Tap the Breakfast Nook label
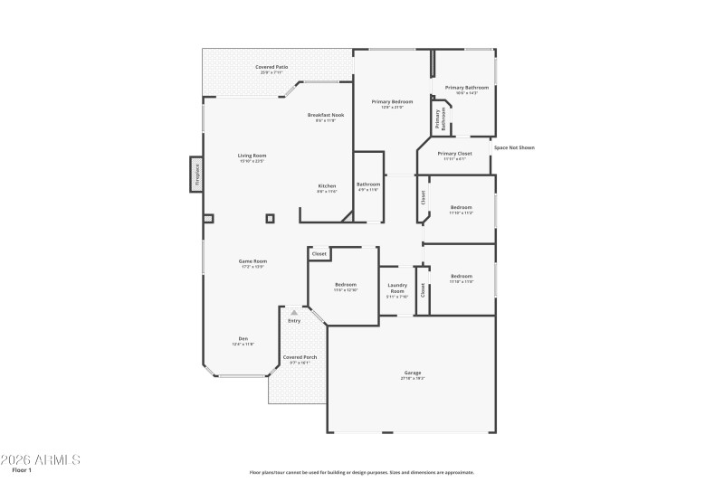click(326, 117)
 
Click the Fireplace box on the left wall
click(196, 174)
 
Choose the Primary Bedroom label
click(392, 103)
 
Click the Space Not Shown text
click(513, 147)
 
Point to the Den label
click(243, 340)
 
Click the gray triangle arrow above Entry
click(293, 312)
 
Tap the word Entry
click(294, 321)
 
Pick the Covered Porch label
click(299, 359)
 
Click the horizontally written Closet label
click(319, 254)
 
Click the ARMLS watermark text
click(41, 460)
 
